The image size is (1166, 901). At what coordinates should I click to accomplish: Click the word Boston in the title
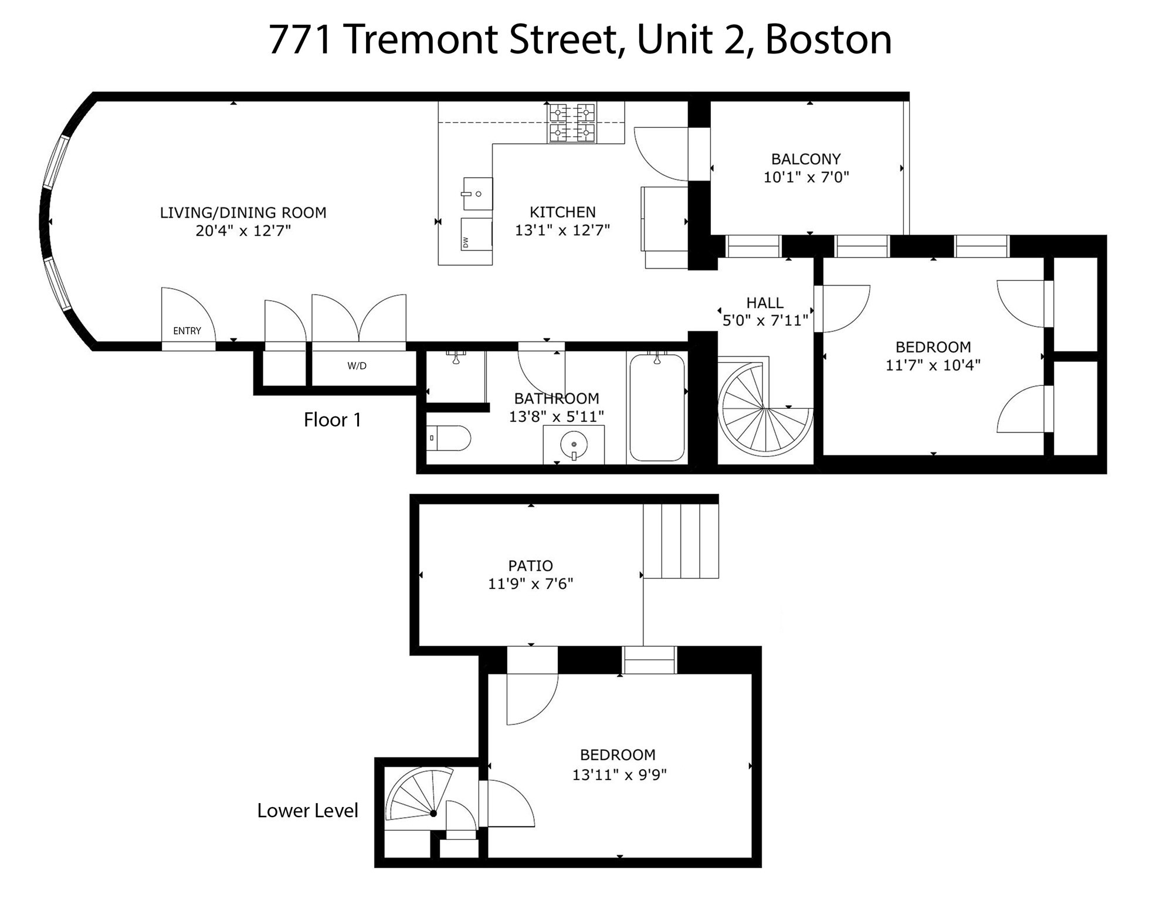[x=828, y=40]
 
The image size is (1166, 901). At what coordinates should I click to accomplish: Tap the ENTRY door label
[x=187, y=331]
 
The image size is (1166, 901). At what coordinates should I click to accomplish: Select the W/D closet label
[x=357, y=366]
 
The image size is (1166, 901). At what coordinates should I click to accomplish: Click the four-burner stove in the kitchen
[x=571, y=123]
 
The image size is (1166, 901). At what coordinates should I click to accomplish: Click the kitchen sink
[x=477, y=194]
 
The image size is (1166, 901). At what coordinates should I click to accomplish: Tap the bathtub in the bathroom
[x=657, y=408]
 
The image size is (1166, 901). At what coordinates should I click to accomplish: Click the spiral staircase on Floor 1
[x=765, y=408]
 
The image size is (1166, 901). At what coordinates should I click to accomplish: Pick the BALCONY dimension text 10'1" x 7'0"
[x=806, y=177]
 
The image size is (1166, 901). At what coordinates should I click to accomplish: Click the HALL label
[x=764, y=303]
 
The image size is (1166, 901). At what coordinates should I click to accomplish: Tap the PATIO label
[x=530, y=565]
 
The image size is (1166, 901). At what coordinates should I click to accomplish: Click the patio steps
[x=681, y=541]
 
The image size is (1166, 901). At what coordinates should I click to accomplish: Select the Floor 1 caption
[x=332, y=420]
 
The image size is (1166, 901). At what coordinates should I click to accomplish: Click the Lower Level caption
[x=307, y=811]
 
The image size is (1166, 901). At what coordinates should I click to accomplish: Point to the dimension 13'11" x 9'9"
[x=619, y=775]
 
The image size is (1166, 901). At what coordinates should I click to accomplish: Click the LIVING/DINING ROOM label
[x=243, y=212]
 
